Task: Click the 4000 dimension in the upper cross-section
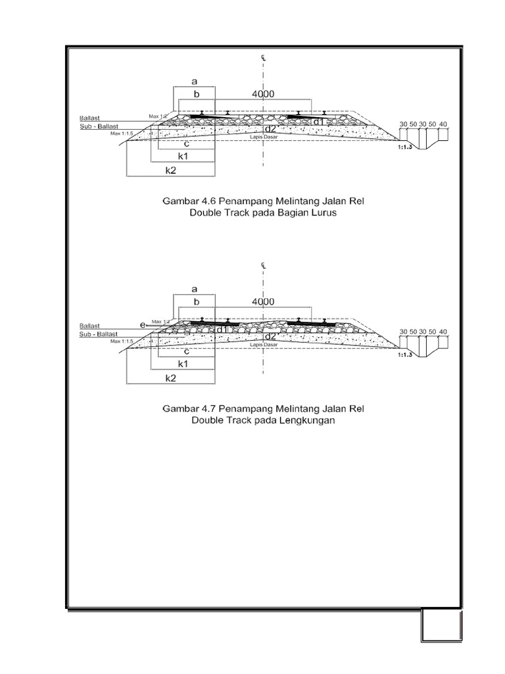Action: point(262,95)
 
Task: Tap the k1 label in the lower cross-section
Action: point(183,363)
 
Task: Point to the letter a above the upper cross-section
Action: point(194,82)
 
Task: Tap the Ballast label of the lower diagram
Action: point(89,325)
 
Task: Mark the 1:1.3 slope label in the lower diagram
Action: point(406,355)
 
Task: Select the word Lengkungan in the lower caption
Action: point(308,421)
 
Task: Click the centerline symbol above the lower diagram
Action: point(262,265)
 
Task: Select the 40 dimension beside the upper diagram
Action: point(443,124)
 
